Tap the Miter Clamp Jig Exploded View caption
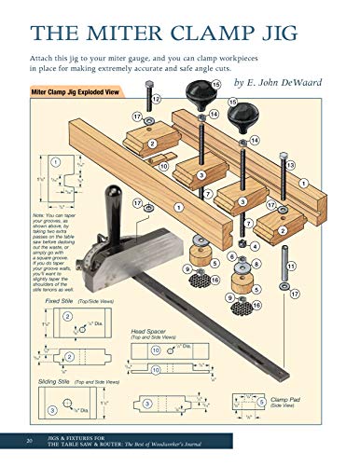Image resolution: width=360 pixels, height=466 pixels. point(78,93)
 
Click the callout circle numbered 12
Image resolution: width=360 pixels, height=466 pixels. point(156,99)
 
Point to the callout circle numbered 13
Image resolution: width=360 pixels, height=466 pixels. point(291,165)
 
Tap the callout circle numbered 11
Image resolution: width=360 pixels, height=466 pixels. point(292,267)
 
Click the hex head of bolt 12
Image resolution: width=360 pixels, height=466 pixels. point(148,86)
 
